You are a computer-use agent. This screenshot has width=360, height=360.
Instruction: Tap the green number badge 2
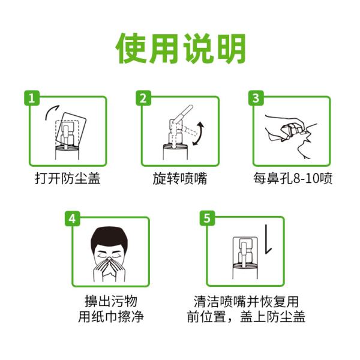coord(143,98)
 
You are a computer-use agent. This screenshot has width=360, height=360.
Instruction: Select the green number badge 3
coord(256,98)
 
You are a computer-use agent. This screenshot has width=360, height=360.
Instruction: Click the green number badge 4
coord(73,218)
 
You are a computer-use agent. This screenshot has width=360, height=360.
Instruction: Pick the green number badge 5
coord(208,218)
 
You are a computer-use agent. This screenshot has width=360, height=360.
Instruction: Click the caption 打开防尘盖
coord(67,179)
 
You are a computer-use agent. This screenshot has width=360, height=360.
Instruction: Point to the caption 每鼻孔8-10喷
coord(292,179)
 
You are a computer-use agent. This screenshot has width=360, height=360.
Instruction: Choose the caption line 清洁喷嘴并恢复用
coord(246,301)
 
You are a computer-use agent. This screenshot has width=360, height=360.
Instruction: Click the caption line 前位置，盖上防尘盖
coord(246,317)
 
